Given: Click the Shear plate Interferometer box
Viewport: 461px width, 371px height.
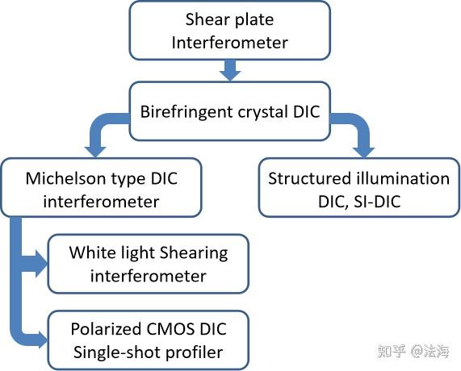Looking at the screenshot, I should coord(229,31).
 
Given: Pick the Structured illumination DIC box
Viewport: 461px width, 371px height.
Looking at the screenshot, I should coord(358,188).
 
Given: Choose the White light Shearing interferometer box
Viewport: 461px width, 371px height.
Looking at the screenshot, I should coord(148,264).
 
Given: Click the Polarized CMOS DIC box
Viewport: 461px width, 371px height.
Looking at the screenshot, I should coord(148,340).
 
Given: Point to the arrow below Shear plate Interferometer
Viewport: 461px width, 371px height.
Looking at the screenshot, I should coord(231,71).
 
